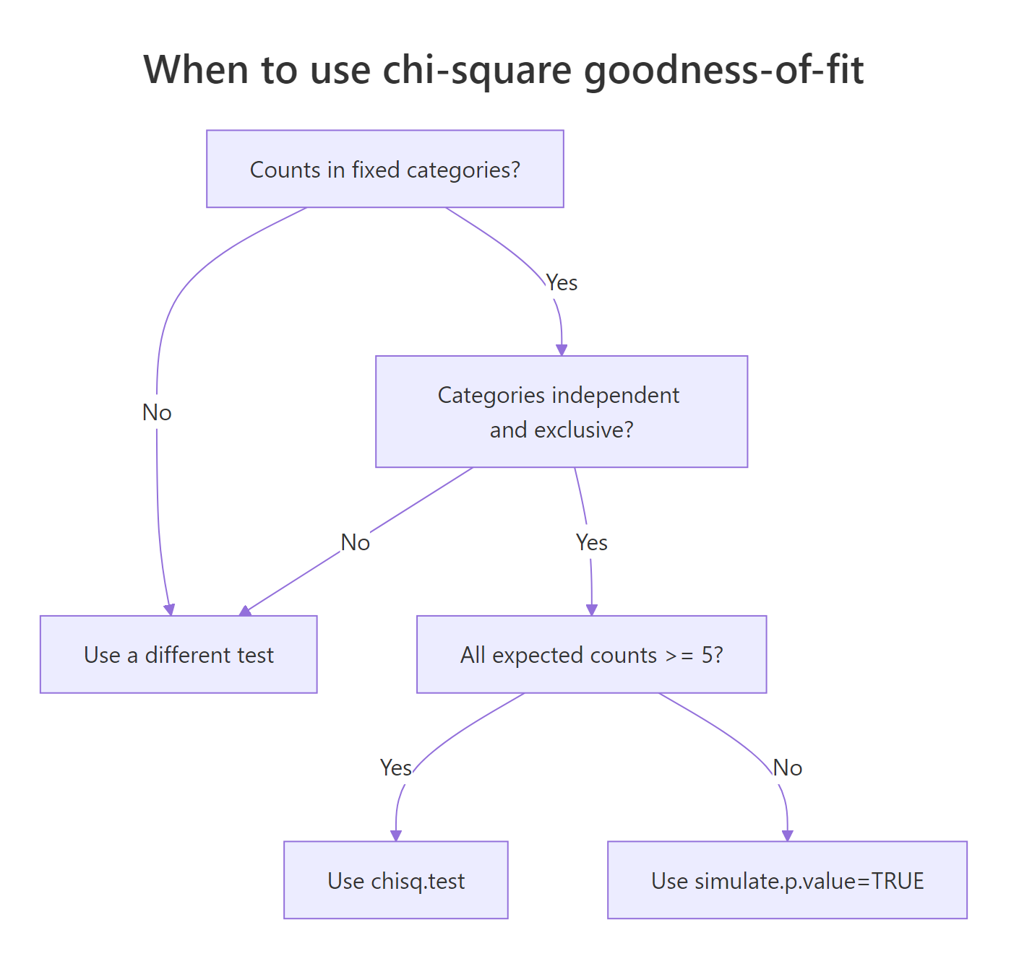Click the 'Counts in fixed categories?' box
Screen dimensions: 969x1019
(384, 169)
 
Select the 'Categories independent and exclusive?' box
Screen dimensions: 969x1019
(561, 412)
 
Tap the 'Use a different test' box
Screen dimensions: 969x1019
(179, 654)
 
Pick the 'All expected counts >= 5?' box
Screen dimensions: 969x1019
(591, 654)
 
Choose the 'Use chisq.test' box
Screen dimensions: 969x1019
(396, 880)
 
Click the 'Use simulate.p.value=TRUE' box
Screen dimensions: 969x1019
(787, 880)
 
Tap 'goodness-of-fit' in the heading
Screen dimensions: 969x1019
(723, 70)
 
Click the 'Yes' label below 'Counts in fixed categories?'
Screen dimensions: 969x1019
(562, 282)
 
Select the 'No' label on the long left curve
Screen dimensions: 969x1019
(157, 412)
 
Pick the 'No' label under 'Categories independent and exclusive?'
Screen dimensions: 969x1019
(356, 542)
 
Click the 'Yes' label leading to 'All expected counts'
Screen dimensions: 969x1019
(592, 542)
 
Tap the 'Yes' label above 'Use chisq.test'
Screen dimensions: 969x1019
(396, 768)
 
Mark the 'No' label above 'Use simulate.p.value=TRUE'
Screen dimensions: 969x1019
(788, 768)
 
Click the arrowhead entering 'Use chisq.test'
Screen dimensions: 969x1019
(396, 835)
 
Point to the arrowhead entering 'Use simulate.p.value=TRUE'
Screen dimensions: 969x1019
(788, 835)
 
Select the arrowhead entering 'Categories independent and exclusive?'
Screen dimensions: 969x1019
(562, 350)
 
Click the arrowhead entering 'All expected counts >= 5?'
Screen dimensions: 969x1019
(592, 610)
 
